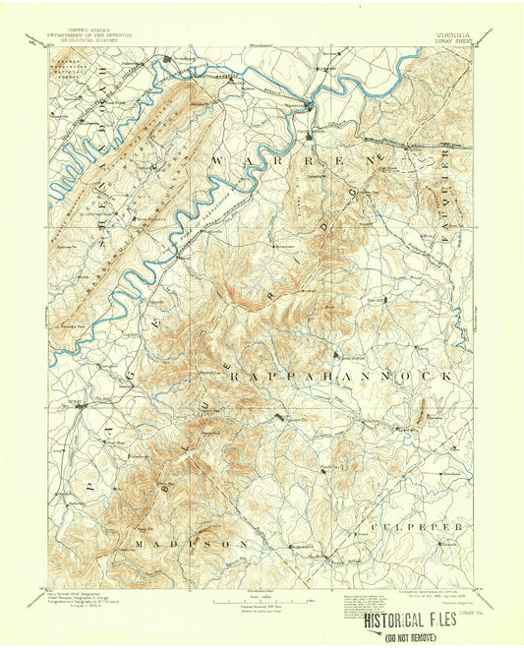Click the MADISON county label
(x=192, y=543)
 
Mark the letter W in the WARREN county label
(x=218, y=160)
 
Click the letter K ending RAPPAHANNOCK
(x=449, y=377)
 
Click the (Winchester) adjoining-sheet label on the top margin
(x=260, y=45)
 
